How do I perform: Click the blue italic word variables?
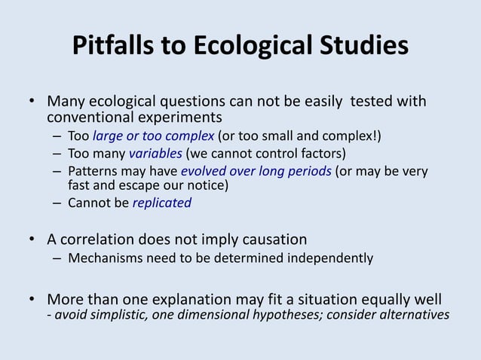tap(136, 153)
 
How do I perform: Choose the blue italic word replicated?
tap(162, 203)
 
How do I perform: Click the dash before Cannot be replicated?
tap(57, 203)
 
